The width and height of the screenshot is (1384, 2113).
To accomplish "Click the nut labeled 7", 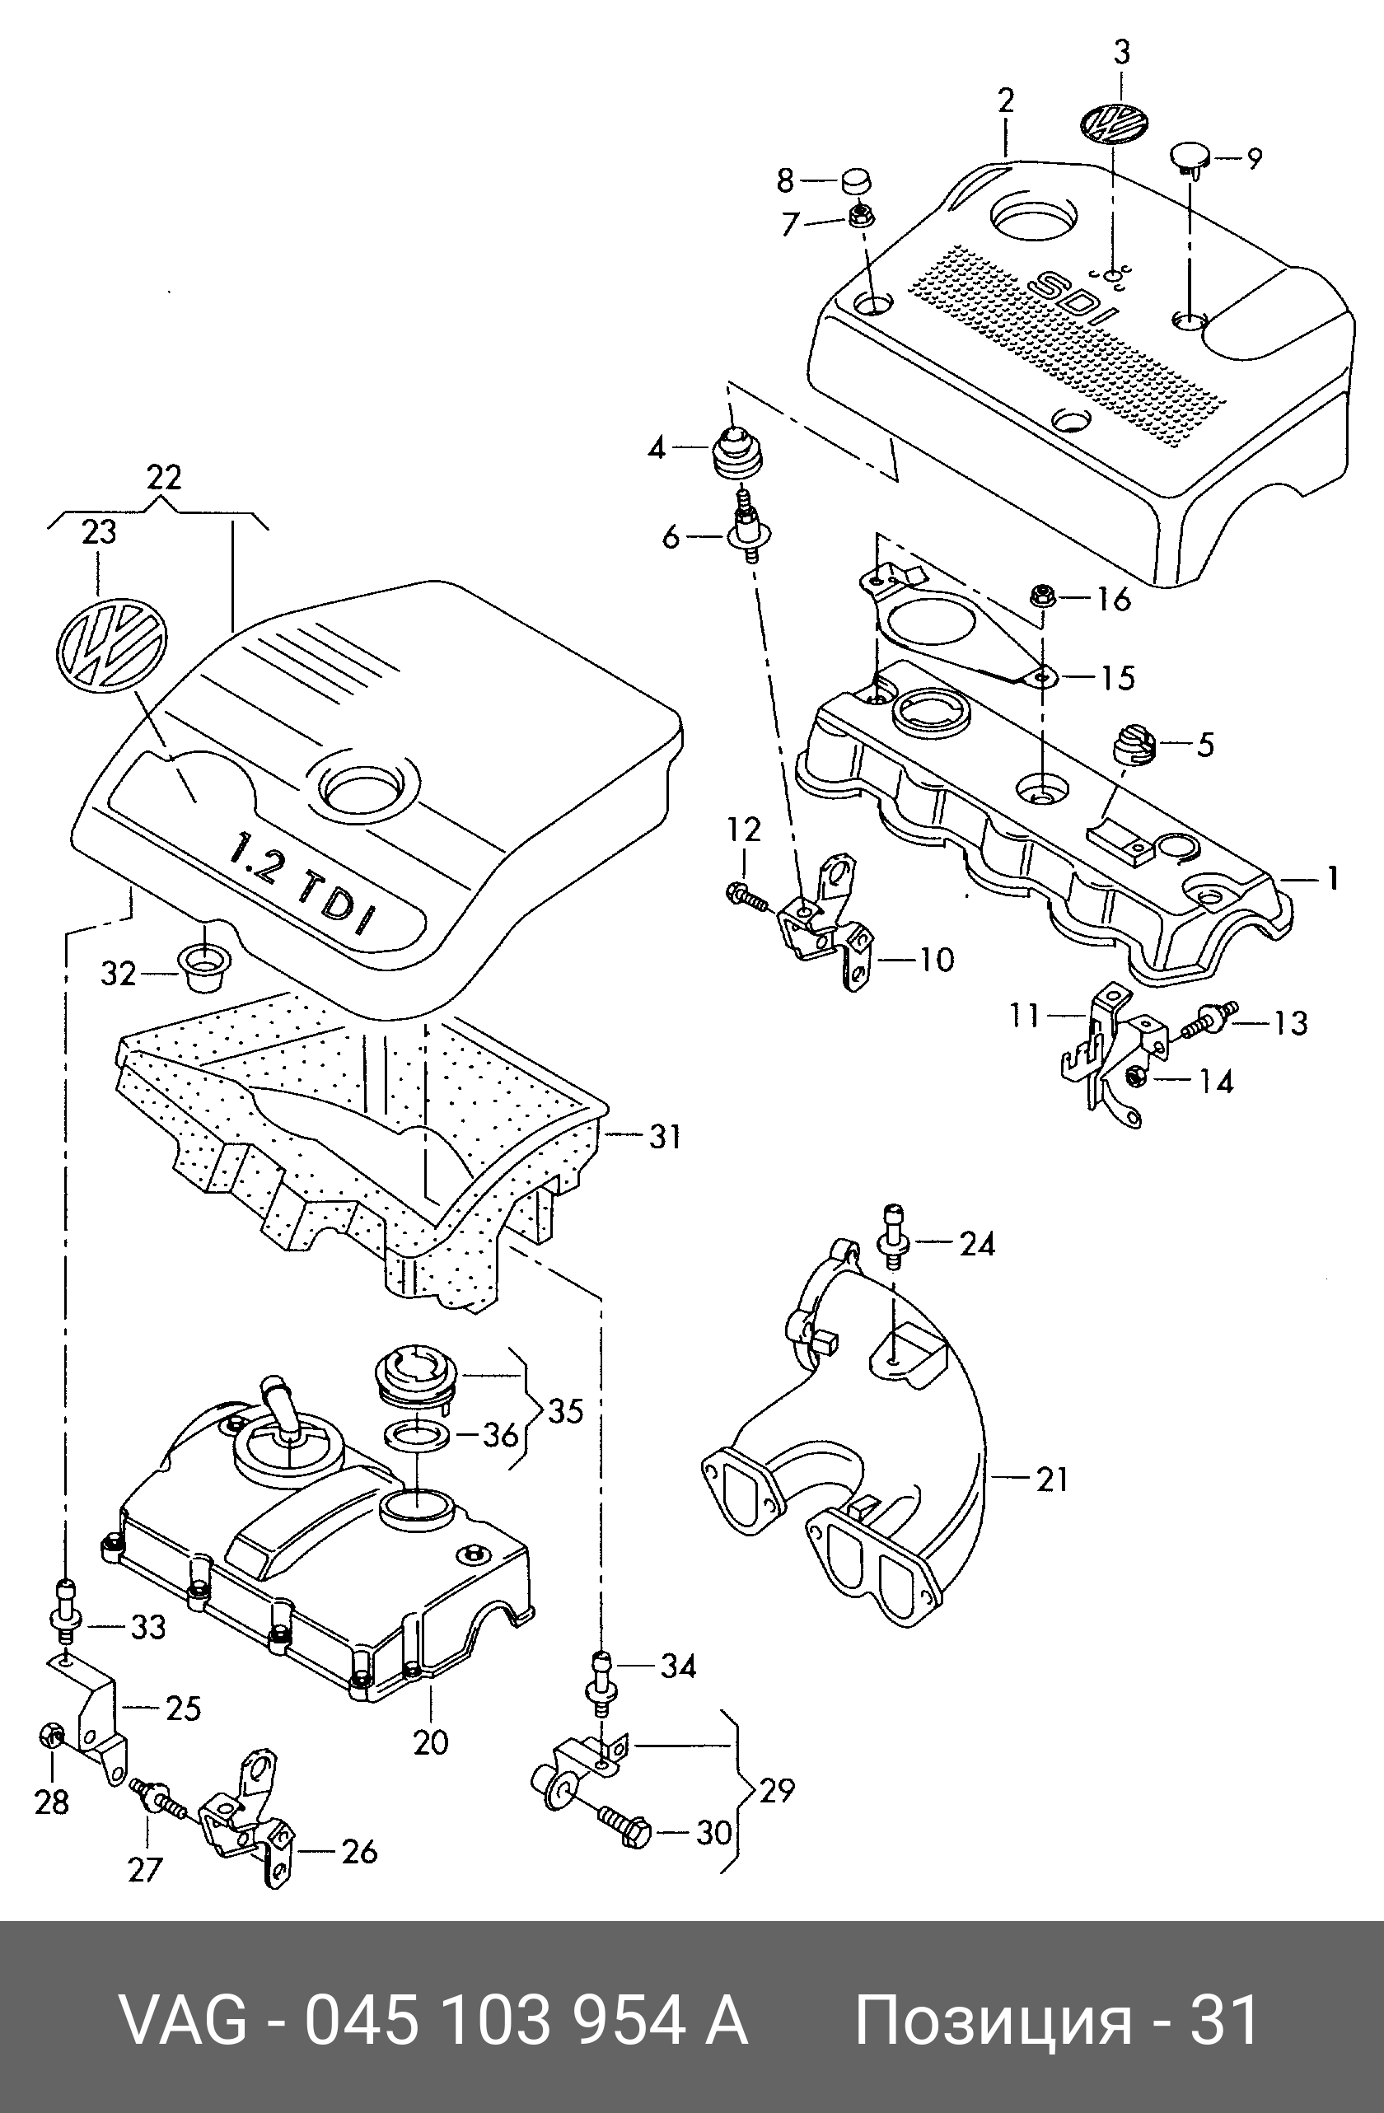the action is coord(859,216).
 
